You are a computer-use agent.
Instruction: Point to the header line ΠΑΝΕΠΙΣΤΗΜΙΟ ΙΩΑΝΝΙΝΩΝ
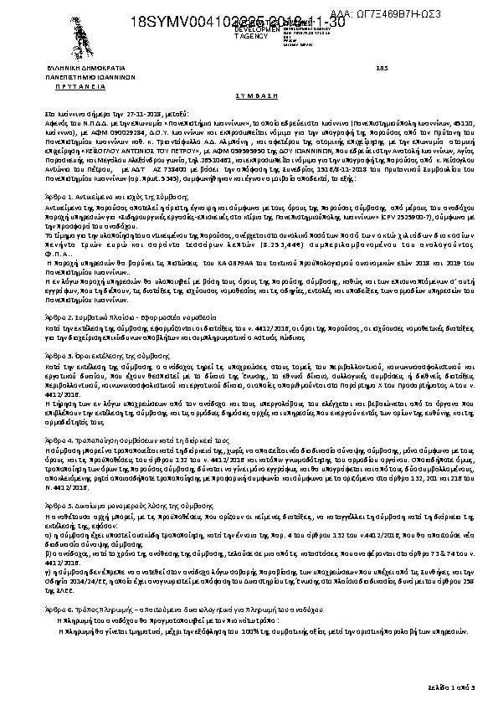click(x=80, y=75)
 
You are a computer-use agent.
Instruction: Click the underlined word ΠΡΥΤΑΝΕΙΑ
click(x=80, y=85)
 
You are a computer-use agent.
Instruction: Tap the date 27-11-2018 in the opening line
click(x=128, y=111)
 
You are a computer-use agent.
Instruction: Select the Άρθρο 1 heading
click(x=93, y=170)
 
